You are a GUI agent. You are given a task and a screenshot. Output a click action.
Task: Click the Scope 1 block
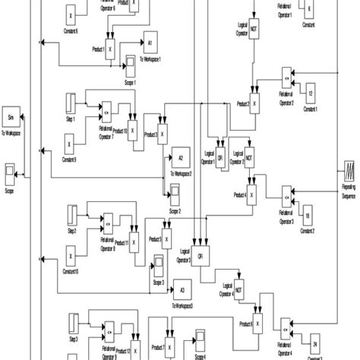[130, 63]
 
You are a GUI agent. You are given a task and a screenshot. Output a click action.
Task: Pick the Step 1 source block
[71, 101]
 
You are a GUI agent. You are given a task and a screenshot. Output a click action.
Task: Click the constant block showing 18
[307, 215]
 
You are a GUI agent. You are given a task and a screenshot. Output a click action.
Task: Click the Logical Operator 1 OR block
[220, 158]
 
